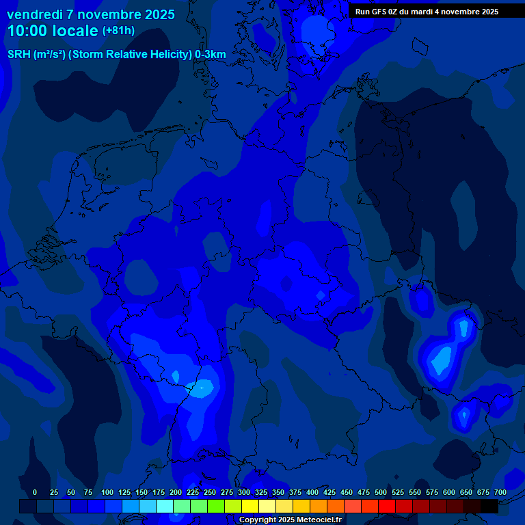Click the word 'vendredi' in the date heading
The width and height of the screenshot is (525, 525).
[35, 14]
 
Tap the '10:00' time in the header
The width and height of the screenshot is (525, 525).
[27, 31]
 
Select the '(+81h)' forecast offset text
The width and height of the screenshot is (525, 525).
[118, 31]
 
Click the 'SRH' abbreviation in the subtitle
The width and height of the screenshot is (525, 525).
[19, 55]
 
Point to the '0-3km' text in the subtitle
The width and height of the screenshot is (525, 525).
[210, 55]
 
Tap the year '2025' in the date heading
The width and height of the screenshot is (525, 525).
[159, 14]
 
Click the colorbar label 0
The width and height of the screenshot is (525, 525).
[35, 492]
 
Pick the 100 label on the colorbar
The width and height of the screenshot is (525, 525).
[107, 492]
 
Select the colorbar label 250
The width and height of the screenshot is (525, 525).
[210, 492]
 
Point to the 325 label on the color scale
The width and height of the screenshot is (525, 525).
[261, 492]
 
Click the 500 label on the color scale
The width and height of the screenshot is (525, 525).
[381, 492]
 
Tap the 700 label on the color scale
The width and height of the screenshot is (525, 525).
[500, 492]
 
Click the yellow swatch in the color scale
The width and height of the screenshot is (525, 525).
[250, 506]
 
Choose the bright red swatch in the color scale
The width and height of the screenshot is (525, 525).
[386, 506]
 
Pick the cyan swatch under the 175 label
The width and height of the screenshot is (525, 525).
[164, 506]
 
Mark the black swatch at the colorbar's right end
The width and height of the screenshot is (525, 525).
[489, 506]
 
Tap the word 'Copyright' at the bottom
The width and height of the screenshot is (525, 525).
[258, 520]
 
